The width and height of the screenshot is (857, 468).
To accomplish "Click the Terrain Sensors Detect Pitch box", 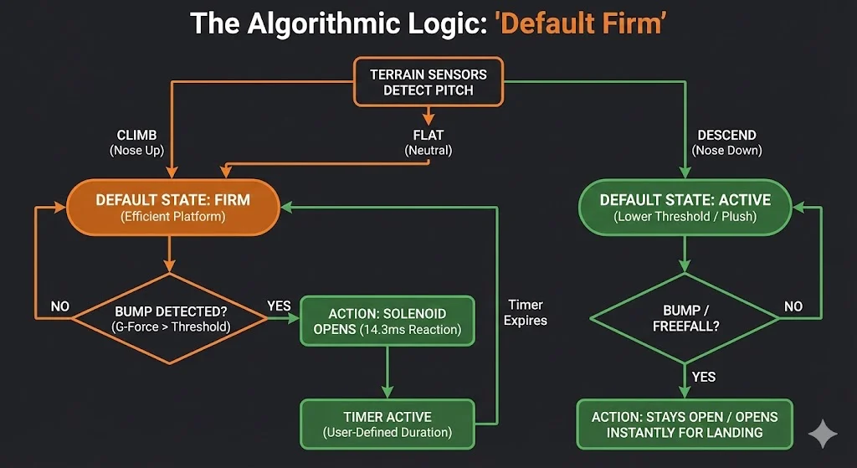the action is pyautogui.click(x=428, y=82).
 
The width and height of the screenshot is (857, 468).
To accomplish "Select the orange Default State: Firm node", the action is pyautogui.click(x=172, y=208).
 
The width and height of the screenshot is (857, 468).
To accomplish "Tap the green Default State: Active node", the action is pyautogui.click(x=685, y=208).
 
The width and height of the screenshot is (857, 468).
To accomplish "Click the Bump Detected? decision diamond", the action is pyautogui.click(x=170, y=319).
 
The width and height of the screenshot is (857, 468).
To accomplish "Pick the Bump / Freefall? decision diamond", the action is pyautogui.click(x=685, y=318).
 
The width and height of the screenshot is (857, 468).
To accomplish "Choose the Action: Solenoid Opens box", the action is pyautogui.click(x=387, y=321).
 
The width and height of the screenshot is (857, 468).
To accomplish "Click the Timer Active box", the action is pyautogui.click(x=387, y=424).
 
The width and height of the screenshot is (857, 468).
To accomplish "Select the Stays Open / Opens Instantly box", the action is pyautogui.click(x=685, y=424).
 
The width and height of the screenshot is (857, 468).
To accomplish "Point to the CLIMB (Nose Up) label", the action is pyautogui.click(x=136, y=142).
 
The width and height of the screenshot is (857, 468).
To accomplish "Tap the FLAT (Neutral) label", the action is pyautogui.click(x=428, y=142).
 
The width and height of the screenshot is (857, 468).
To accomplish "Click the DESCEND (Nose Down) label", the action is pyautogui.click(x=727, y=142).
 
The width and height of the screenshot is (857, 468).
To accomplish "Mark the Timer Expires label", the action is pyautogui.click(x=526, y=312).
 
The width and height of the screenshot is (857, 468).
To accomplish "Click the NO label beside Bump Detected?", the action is pyautogui.click(x=59, y=306).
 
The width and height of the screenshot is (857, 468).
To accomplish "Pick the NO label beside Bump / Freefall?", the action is pyautogui.click(x=793, y=306).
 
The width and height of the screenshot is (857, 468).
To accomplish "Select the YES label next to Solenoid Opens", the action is pyautogui.click(x=279, y=306).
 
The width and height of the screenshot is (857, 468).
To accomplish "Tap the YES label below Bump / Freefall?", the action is pyautogui.click(x=703, y=377).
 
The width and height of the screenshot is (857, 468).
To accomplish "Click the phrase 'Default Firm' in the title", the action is pyautogui.click(x=581, y=24).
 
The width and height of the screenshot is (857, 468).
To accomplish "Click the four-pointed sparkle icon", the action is pyautogui.click(x=823, y=434).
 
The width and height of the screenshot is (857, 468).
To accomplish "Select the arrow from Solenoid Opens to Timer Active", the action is pyautogui.click(x=387, y=373).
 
